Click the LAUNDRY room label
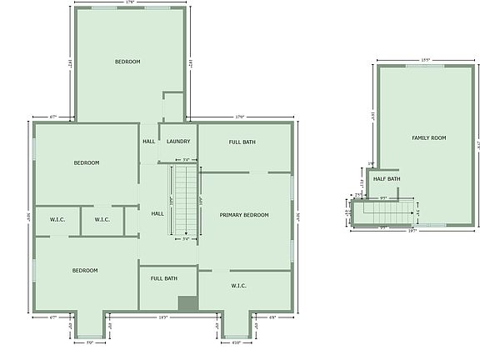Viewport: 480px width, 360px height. (x=178, y=141)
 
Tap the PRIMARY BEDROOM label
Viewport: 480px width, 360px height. (x=244, y=215)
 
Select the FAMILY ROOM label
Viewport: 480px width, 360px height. (x=429, y=137)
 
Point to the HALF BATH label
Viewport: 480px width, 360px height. (x=387, y=178)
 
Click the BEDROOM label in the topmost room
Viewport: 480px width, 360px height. (x=127, y=62)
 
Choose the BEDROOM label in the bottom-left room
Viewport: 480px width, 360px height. (x=85, y=270)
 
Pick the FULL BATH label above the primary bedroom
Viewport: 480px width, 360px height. (x=242, y=142)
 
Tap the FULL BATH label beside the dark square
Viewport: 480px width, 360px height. (x=163, y=278)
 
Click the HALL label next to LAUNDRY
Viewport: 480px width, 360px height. (x=149, y=141)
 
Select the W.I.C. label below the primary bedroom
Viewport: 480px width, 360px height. (x=238, y=286)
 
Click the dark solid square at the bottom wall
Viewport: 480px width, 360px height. (x=187, y=304)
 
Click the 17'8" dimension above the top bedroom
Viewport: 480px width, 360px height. (x=129, y=3)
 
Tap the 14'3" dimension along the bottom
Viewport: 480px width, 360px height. (x=163, y=317)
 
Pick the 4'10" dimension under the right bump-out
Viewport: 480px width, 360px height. (x=236, y=342)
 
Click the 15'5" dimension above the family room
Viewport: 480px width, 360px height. (x=425, y=60)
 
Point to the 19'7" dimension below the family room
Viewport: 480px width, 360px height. (x=412, y=231)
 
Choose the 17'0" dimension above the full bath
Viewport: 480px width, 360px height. (x=240, y=117)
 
